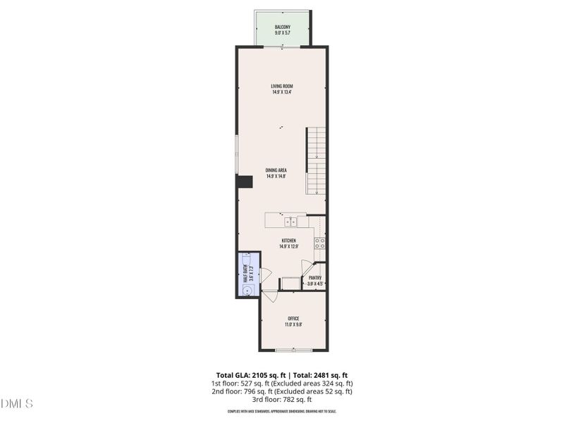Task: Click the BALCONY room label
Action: click(282, 27)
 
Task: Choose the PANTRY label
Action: click(315, 278)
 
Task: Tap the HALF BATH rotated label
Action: click(246, 274)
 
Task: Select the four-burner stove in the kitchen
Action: click(319, 243)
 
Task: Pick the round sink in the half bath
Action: click(245, 288)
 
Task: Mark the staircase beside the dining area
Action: click(316, 161)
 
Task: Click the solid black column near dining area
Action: click(245, 182)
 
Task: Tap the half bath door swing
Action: click(265, 275)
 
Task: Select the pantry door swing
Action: click(307, 267)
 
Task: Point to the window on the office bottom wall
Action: click(293, 350)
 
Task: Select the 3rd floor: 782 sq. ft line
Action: click(282, 399)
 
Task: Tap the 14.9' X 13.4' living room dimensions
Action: click(282, 92)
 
